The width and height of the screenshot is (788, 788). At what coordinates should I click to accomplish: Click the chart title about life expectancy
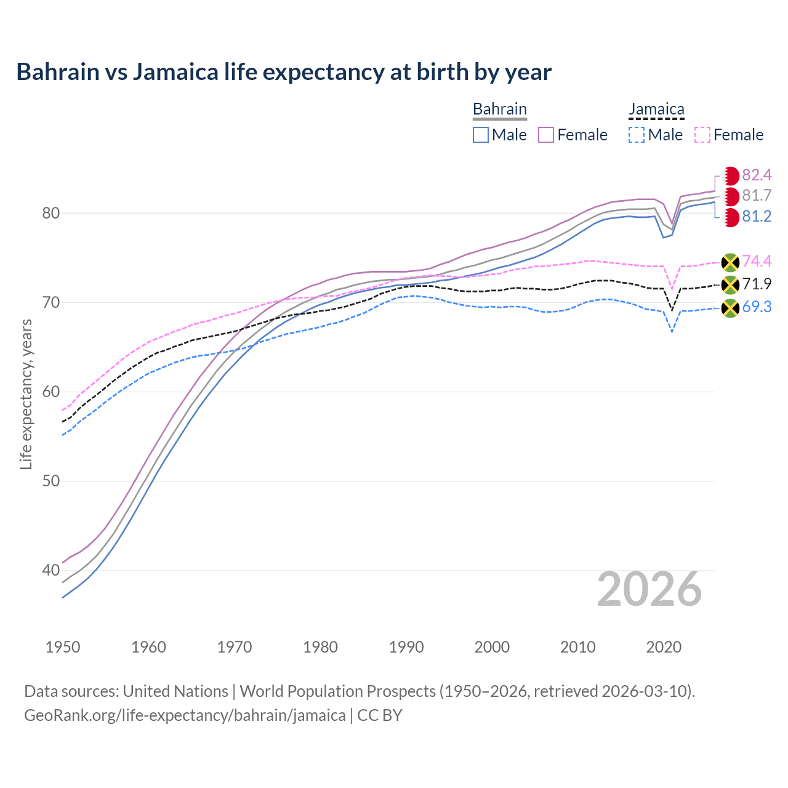tap(284, 72)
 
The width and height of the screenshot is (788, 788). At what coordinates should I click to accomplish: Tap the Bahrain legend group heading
tap(499, 109)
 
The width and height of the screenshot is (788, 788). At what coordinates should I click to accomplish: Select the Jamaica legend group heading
tap(656, 109)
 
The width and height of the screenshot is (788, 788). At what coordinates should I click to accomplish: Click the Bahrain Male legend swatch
tap(481, 135)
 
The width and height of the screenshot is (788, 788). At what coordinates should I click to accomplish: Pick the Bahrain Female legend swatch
tap(547, 135)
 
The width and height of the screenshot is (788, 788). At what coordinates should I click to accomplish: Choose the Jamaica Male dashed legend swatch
tap(637, 135)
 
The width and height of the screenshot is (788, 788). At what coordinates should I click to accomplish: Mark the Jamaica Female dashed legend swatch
tap(702, 135)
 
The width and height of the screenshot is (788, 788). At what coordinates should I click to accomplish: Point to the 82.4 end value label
tap(757, 175)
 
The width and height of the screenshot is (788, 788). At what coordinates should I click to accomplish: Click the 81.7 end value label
tap(757, 196)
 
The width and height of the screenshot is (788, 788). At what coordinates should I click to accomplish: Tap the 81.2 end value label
tap(757, 217)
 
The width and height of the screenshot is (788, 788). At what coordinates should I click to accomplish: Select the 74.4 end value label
tap(757, 261)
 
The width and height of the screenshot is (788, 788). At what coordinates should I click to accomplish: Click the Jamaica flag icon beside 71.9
tap(730, 284)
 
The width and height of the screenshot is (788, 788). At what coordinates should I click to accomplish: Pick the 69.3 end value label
tap(757, 307)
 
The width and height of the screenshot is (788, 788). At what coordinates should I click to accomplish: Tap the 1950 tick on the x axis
tap(63, 647)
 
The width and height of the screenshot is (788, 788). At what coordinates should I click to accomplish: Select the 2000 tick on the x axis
tap(492, 647)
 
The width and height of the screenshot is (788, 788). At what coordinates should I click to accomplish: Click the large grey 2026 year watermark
tap(649, 589)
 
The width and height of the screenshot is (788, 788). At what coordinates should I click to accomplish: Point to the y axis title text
tap(26, 394)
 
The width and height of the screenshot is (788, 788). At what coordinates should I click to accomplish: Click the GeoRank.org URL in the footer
tap(185, 715)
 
